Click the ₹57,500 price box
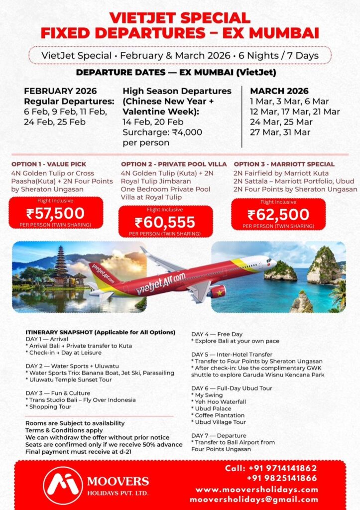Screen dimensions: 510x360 coord(56,213)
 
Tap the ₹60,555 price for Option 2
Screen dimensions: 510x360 coord(165,222)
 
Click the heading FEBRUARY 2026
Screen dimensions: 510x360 coord(60,91)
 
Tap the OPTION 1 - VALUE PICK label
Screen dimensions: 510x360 coord(49,164)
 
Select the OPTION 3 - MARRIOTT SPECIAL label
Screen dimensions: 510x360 coord(284,164)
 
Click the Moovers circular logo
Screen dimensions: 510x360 coord(63,486)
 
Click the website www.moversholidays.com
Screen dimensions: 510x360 coord(256,490)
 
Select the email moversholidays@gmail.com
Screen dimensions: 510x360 coord(254,499)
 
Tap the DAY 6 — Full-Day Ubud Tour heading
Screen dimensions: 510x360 coord(232,388)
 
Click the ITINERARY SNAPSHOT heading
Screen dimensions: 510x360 coord(100,332)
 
